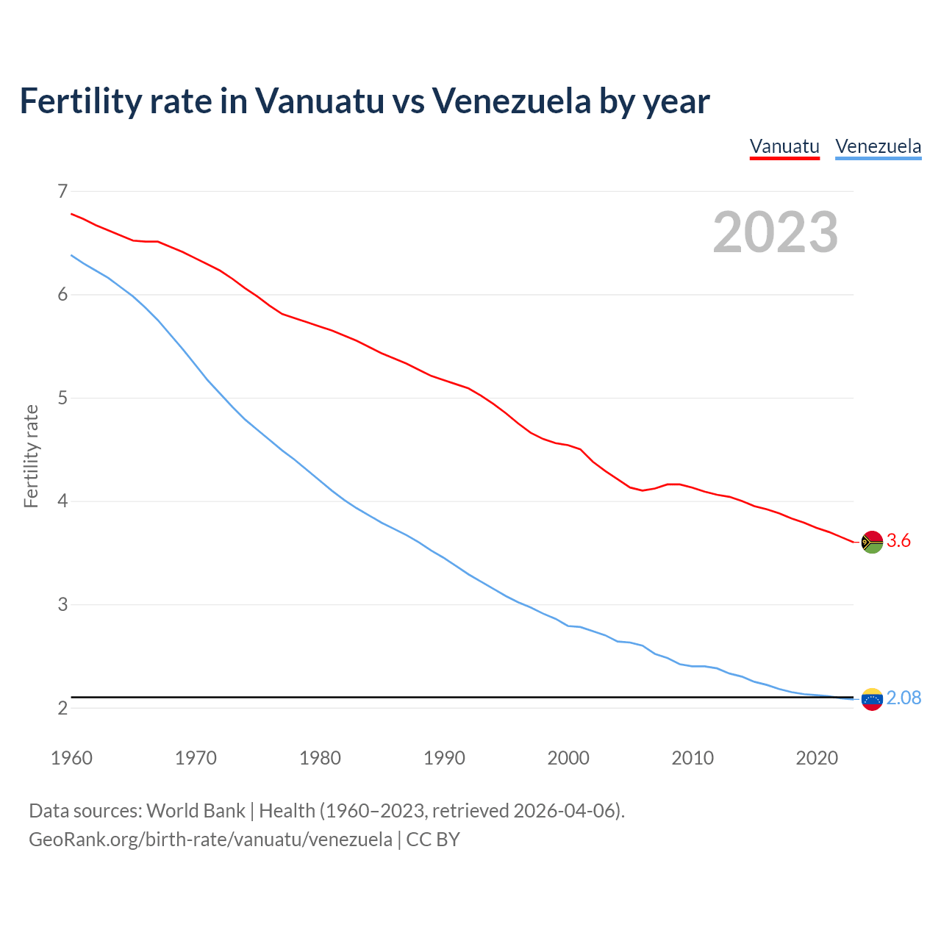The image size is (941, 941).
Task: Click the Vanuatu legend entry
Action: pyautogui.click(x=784, y=146)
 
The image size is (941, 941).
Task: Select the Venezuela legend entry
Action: pyautogui.click(x=878, y=146)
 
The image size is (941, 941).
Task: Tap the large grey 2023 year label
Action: pyautogui.click(x=776, y=232)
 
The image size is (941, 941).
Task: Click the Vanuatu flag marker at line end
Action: pyautogui.click(x=872, y=542)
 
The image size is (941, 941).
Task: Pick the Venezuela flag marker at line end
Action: pyautogui.click(x=872, y=698)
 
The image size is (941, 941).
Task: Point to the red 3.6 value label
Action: pyautogui.click(x=898, y=541)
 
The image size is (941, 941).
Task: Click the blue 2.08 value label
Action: pyautogui.click(x=904, y=698)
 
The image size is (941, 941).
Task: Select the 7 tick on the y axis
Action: pyautogui.click(x=62, y=191)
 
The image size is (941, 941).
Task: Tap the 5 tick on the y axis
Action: pyautogui.click(x=62, y=398)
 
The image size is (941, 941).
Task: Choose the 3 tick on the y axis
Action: pyautogui.click(x=62, y=605)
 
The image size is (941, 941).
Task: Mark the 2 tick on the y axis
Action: pyautogui.click(x=62, y=708)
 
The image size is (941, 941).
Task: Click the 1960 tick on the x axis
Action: pyautogui.click(x=71, y=758)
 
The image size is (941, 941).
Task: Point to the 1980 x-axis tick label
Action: pyautogui.click(x=320, y=758)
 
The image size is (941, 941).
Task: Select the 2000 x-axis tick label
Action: pyautogui.click(x=568, y=758)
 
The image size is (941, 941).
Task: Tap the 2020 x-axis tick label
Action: pyautogui.click(x=817, y=758)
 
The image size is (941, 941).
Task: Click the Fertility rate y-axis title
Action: pyautogui.click(x=31, y=456)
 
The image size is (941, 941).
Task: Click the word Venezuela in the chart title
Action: pyautogui.click(x=511, y=101)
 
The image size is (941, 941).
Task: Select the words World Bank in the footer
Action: pyautogui.click(x=196, y=811)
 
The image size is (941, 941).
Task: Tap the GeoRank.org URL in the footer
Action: pyautogui.click(x=210, y=840)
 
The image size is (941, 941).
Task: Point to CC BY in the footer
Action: pyautogui.click(x=433, y=840)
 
